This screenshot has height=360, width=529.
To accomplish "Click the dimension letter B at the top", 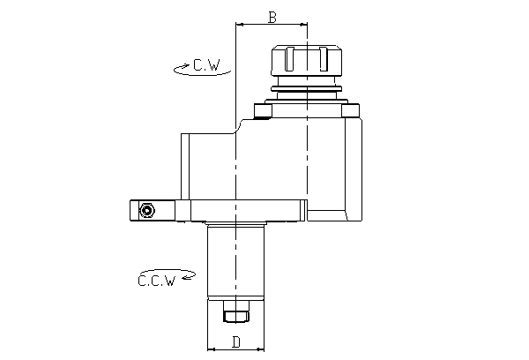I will pyautogui.click(x=272, y=17).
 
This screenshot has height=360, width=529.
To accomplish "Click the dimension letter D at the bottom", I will pyautogui.click(x=236, y=341).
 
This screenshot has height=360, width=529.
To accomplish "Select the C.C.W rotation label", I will pyautogui.click(x=156, y=281).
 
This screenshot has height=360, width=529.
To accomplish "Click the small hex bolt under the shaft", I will pyautogui.click(x=236, y=315).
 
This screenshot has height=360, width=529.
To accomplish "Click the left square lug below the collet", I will pyautogui.click(x=261, y=111).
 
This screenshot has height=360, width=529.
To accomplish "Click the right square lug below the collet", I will pyautogui.click(x=351, y=111).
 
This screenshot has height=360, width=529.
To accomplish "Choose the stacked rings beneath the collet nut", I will pyautogui.click(x=306, y=87).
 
